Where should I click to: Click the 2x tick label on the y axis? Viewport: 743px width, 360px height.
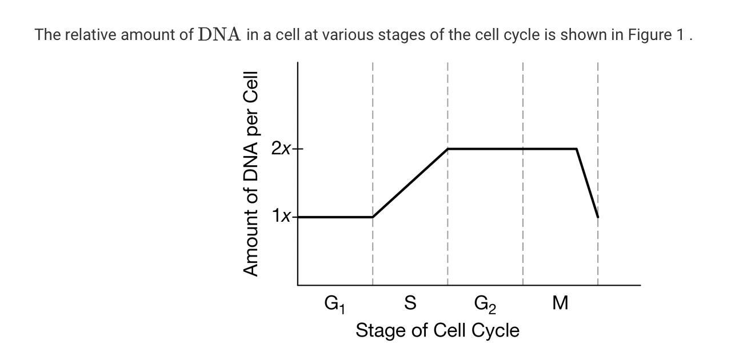[x=282, y=149]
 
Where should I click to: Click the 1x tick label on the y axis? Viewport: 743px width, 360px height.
[x=282, y=217]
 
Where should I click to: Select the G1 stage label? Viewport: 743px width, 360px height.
[x=334, y=303]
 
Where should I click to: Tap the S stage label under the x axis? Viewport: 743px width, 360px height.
[x=410, y=302]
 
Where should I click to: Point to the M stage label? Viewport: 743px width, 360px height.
[x=560, y=303]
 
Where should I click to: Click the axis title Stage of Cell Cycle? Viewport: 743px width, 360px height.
[x=437, y=330]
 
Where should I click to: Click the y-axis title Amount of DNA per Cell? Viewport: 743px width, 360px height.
[x=251, y=174]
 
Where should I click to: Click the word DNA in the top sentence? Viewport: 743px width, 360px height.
[x=219, y=35]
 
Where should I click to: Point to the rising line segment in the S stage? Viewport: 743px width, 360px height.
[x=410, y=183]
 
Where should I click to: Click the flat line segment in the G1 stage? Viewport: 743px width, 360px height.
[x=335, y=217]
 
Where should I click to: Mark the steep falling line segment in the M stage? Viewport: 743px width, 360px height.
[x=588, y=183]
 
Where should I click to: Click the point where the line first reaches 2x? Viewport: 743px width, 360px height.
[x=448, y=149]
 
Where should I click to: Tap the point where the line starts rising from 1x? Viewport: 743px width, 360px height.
[x=373, y=217]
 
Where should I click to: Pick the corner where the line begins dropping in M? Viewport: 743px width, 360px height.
[x=576, y=149]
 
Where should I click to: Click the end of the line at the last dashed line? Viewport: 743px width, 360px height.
[x=598, y=217]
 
